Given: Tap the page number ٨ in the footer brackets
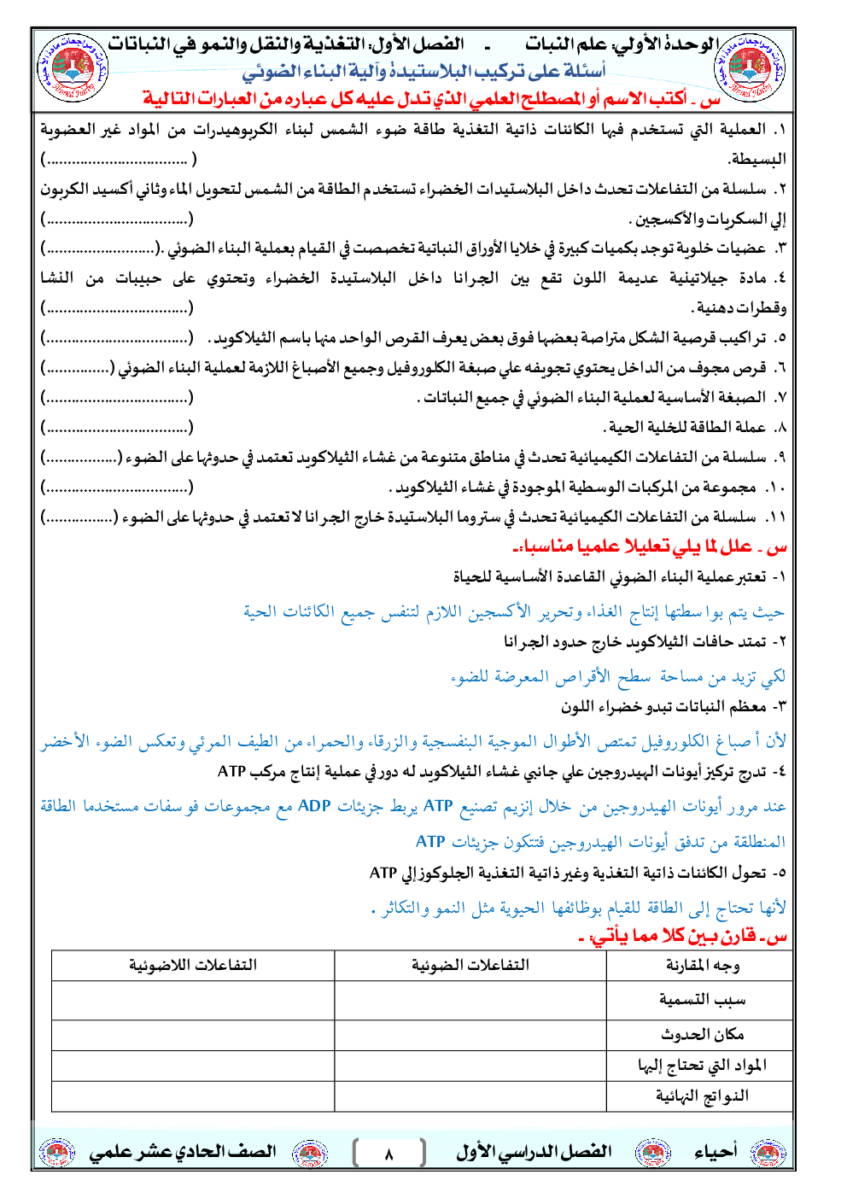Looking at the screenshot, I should (388, 1154).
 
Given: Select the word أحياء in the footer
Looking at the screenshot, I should (716, 1152).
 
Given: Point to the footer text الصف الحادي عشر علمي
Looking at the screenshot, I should (183, 1152).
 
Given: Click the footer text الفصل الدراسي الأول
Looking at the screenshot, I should (534, 1152).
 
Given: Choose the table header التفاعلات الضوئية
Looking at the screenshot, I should (470, 965).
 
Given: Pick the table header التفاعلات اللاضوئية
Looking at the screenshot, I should (193, 965).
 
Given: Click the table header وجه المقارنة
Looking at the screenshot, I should (703, 965).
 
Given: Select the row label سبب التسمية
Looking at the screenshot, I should (703, 999).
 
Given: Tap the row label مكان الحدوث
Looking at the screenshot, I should (703, 1034).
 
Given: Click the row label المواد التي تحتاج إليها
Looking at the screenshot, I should (703, 1065).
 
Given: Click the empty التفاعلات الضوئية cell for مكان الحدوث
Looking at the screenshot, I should (470, 1034).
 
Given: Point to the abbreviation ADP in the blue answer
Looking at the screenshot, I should (314, 806).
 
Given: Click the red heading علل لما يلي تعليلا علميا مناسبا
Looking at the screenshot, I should (649, 546).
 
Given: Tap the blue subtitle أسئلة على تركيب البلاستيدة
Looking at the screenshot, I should (424, 72).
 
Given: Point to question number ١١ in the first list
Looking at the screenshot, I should (774, 517).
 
